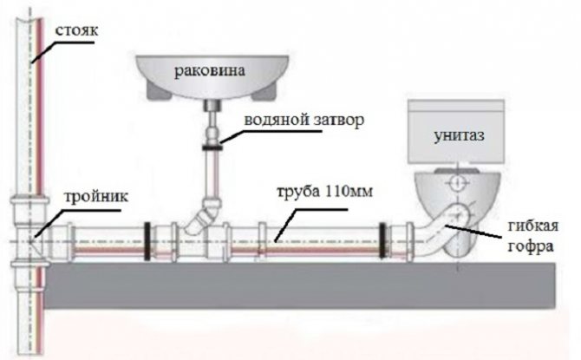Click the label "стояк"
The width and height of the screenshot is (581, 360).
pyautogui.click(x=77, y=30)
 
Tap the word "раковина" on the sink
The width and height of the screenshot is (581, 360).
pyautogui.click(x=210, y=70)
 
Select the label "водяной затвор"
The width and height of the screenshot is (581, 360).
pyautogui.click(x=304, y=120)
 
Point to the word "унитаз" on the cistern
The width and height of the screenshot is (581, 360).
pyautogui.click(x=459, y=135)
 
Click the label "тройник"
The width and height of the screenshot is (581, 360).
pyautogui.click(x=96, y=196)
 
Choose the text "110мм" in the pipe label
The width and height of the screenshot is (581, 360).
pyautogui.click(x=349, y=192)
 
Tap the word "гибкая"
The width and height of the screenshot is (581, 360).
pyautogui.click(x=532, y=226)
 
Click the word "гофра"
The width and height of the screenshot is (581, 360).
pyautogui.click(x=530, y=246)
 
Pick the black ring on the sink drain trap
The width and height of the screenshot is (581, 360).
pyautogui.click(x=212, y=148)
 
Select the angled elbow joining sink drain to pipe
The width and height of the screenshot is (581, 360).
pyautogui.click(x=204, y=214)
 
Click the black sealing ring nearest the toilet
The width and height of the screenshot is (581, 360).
pyautogui.click(x=382, y=240)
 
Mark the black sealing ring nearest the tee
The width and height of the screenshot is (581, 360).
pyautogui.click(x=147, y=241)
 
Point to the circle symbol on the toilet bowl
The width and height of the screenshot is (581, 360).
pyautogui.click(x=458, y=182)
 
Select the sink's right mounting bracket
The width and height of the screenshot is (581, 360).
pyautogui.click(x=264, y=92)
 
